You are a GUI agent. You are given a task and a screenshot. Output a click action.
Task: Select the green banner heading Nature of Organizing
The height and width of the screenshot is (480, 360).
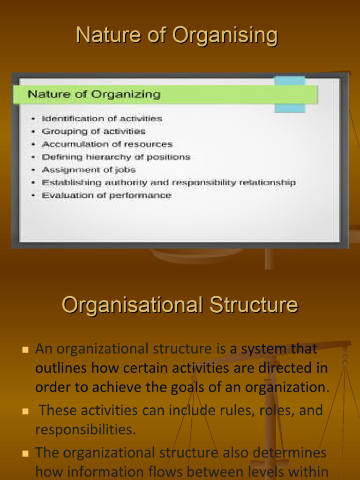tap(94, 94)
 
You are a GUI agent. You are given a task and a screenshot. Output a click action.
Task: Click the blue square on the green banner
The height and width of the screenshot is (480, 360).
tap(289, 94)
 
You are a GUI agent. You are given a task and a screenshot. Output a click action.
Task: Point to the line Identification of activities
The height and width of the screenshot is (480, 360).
tap(102, 119)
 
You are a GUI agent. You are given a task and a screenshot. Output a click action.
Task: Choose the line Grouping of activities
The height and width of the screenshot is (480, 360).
tap(93, 132)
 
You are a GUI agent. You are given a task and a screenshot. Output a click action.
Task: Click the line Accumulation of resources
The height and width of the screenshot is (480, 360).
tap(107, 144)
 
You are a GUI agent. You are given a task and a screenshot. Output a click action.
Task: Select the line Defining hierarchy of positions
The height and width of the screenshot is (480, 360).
tap(116, 157)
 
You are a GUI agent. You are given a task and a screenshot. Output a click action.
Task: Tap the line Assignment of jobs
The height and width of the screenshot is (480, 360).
tap(89, 170)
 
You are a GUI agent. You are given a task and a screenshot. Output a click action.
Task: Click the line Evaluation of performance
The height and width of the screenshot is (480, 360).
tap(106, 195)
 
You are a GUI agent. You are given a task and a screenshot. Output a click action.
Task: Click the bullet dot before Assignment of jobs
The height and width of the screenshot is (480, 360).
tap(33, 170)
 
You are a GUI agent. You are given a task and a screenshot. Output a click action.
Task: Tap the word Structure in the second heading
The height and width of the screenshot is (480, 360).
tap(254, 305)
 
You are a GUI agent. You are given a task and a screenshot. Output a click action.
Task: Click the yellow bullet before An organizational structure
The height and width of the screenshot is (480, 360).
tap(25, 350)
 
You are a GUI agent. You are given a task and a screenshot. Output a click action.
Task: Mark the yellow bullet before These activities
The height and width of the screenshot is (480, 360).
tap(25, 411)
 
